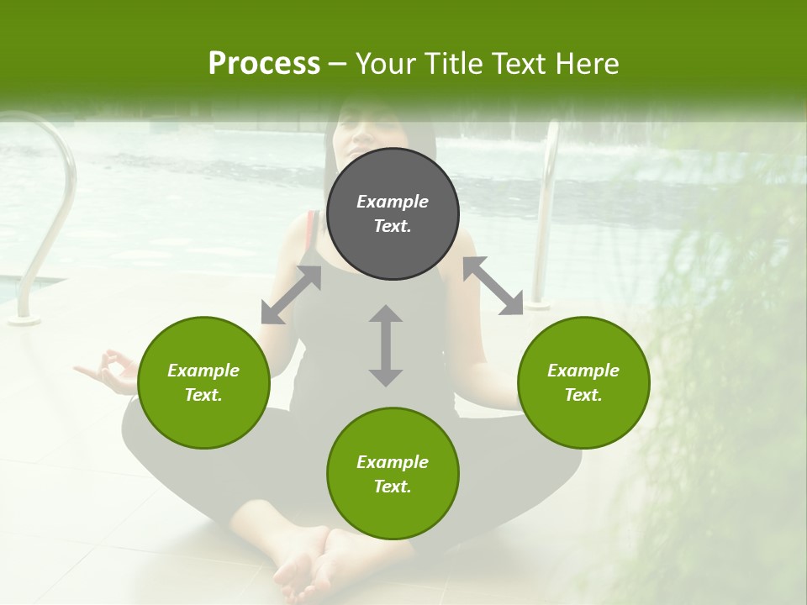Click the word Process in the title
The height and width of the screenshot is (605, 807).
[264, 64]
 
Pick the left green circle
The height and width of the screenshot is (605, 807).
[203, 382]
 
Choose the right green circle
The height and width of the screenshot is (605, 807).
[583, 382]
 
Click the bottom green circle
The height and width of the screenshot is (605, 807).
[393, 474]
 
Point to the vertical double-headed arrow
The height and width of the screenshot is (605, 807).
[386, 345]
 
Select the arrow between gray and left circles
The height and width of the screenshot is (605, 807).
[291, 295]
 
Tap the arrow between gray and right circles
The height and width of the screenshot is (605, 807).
[493, 286]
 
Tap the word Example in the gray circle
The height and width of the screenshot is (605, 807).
[393, 202]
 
